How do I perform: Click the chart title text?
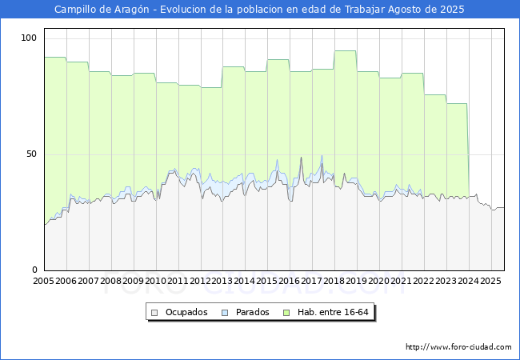tap(259, 10)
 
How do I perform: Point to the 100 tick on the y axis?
tap(30, 38)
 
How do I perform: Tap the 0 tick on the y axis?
tap(34, 270)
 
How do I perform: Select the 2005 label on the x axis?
tap(44, 282)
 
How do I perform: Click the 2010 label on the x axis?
tap(156, 282)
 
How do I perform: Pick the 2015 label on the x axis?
tap(267, 282)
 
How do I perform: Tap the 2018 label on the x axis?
tap(334, 282)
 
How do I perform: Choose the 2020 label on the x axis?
tap(379, 282)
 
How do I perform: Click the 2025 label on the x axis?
tap(490, 282)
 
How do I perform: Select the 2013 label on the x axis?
tap(222, 282)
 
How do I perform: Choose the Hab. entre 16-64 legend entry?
tap(335, 312)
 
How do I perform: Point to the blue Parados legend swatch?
tap(226, 312)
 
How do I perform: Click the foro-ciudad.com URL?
tap(458, 347)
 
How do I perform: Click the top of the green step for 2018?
tap(345, 51)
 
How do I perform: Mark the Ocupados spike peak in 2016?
tap(301, 158)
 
